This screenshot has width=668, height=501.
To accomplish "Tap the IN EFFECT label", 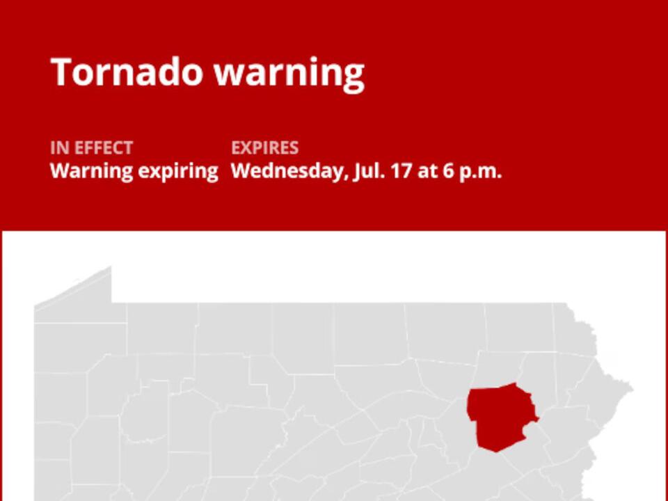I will point(91,148).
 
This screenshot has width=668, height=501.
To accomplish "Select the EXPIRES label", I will point(264,148).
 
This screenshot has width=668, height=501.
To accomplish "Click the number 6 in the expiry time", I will point(448,171).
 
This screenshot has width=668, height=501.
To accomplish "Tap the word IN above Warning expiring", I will point(56,148).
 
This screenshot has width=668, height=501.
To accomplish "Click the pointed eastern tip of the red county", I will point(537,419).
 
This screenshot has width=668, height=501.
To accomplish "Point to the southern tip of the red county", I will point(495,451).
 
